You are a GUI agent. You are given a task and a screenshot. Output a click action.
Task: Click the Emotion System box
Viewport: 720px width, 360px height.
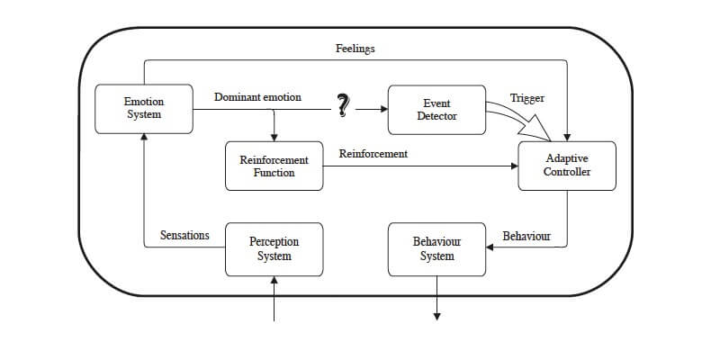tap(143, 108)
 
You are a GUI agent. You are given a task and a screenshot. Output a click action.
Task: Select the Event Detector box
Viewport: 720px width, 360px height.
tap(436, 110)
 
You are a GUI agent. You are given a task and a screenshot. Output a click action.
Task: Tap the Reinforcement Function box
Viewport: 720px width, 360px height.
tap(274, 166)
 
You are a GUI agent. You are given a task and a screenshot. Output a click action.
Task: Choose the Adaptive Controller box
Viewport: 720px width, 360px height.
tap(567, 165)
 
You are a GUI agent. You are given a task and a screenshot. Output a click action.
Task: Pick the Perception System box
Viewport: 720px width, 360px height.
tap(274, 249)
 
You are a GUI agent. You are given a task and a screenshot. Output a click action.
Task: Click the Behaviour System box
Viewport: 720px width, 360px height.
tap(436, 249)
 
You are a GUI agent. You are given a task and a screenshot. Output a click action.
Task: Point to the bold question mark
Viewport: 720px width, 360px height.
tap(342, 106)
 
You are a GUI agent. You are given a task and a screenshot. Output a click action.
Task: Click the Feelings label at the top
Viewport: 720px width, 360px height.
tap(355, 48)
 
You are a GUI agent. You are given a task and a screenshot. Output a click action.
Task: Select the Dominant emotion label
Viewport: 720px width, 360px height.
tap(257, 96)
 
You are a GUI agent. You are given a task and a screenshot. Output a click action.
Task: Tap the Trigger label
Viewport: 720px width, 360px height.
tap(526, 97)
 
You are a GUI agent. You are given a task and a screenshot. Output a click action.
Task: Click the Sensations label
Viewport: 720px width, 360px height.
tap(184, 236)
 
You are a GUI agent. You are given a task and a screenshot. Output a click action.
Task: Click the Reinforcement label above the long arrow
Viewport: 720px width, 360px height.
tap(373, 154)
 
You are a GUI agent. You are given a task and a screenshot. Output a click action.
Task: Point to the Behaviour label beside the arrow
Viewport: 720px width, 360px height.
tap(526, 236)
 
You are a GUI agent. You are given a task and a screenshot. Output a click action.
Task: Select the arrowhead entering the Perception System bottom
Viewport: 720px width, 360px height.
tap(274, 281)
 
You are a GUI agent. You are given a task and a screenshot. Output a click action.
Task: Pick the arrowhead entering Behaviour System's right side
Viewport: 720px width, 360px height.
tap(490, 248)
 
